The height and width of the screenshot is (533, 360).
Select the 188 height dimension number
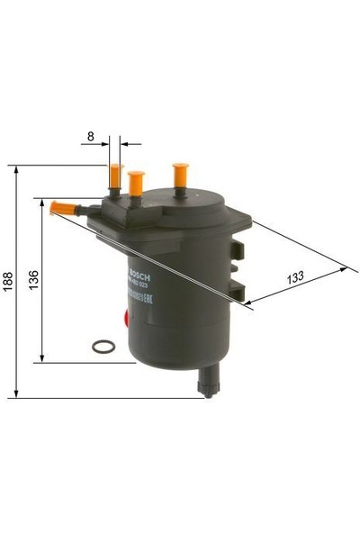point(7,282)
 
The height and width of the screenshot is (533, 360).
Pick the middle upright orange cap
point(136,183)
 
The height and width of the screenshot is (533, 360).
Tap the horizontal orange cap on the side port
point(61,208)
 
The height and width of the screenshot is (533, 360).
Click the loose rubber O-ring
point(103,346)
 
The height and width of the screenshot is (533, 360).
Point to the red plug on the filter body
point(125,316)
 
